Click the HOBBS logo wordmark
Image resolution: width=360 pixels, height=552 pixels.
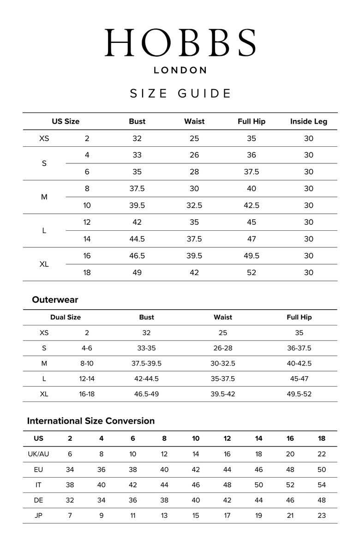tap(180, 43)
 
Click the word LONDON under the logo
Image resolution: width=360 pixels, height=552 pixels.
tap(180, 71)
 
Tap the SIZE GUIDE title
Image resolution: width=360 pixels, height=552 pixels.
tap(180, 94)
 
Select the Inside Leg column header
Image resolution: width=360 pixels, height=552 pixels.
tap(308, 121)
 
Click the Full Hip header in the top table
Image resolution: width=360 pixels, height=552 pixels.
tap(252, 121)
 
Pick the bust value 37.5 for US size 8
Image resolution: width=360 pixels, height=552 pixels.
tap(137, 188)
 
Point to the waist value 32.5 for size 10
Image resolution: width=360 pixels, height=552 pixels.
tap(194, 205)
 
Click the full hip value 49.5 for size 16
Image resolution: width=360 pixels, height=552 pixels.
tap(252, 256)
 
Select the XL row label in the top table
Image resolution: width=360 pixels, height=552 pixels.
tap(44, 264)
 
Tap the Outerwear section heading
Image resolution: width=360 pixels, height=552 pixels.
tap(55, 300)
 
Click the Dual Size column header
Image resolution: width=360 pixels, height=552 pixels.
tap(66, 317)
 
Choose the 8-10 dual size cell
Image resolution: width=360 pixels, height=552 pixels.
tap(87, 363)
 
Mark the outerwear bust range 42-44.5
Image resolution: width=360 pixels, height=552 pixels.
tap(146, 378)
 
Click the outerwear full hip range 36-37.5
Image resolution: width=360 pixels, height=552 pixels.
tap(299, 348)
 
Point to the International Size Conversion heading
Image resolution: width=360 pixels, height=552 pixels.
tap(91, 421)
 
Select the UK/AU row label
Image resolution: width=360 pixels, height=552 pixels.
tap(38, 454)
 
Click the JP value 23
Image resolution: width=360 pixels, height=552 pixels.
tap(322, 516)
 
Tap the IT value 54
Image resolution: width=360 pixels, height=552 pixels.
tap(322, 485)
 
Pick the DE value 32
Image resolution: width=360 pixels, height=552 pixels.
tap(70, 500)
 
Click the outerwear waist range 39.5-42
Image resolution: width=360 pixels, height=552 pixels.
tap(223, 394)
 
